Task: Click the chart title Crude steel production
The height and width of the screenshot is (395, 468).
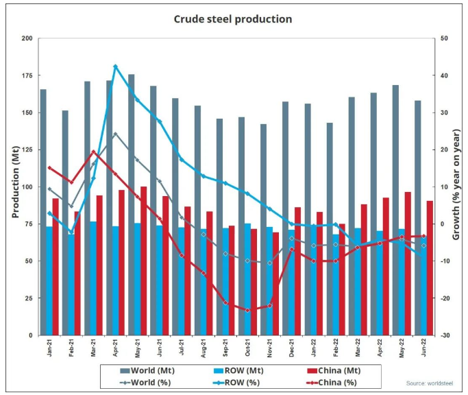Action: (x=233, y=19)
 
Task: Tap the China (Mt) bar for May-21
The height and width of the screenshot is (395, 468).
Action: (x=143, y=261)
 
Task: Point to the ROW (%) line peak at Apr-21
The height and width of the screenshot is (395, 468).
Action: (x=115, y=67)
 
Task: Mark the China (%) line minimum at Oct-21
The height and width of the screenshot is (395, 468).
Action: (x=247, y=310)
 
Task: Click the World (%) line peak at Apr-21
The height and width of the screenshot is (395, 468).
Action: (x=115, y=134)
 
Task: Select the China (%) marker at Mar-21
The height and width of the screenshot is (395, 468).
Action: (x=93, y=152)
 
